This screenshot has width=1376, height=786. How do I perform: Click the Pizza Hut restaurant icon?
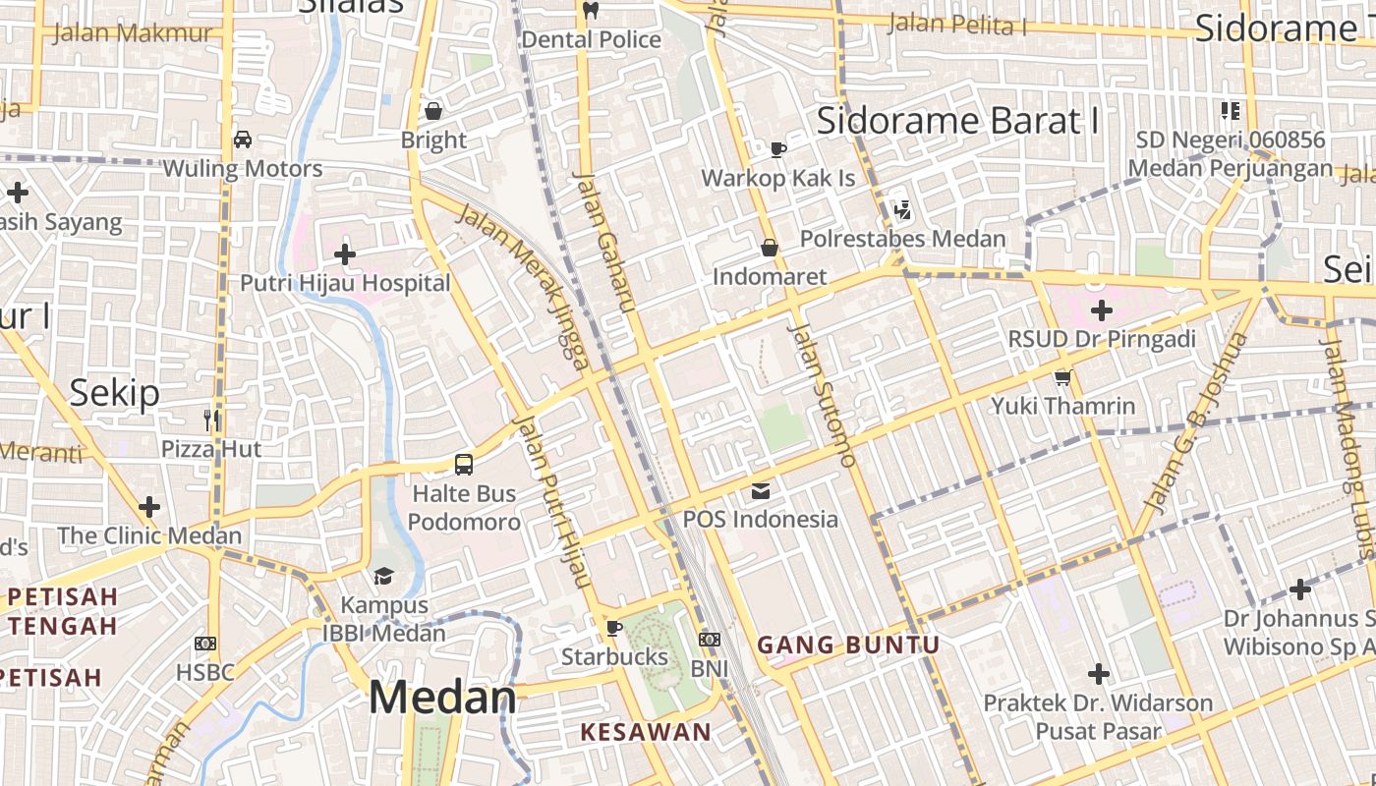click(x=211, y=421)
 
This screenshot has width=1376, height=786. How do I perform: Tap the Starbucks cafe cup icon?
click(x=614, y=628)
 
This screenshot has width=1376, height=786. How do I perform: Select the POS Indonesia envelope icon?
click(x=761, y=490)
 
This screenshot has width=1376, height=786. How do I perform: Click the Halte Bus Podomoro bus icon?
click(x=463, y=465)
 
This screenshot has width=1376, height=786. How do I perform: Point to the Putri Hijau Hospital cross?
click(x=344, y=255)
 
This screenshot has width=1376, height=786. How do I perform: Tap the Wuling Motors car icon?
click(x=243, y=140)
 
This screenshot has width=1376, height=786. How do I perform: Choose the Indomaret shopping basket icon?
click(x=770, y=248)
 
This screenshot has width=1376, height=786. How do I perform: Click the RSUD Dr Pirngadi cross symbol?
click(x=1101, y=311)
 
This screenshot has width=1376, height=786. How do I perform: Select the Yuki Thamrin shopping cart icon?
click(x=1062, y=377)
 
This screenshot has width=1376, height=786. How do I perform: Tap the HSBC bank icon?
click(x=205, y=644)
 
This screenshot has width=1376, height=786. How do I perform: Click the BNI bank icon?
click(x=710, y=640)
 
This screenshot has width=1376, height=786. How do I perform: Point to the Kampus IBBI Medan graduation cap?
click(x=383, y=576)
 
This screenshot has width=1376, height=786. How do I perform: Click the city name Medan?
click(x=442, y=698)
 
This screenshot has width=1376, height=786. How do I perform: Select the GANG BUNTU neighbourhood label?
click(x=848, y=646)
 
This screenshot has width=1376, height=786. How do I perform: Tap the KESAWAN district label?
click(x=645, y=732)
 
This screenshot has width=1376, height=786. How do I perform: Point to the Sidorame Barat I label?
click(x=958, y=121)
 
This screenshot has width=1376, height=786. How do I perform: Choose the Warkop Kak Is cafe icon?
click(x=778, y=150)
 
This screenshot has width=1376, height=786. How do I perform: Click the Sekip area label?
click(x=114, y=393)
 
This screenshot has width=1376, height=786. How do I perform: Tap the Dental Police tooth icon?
click(x=591, y=12)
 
